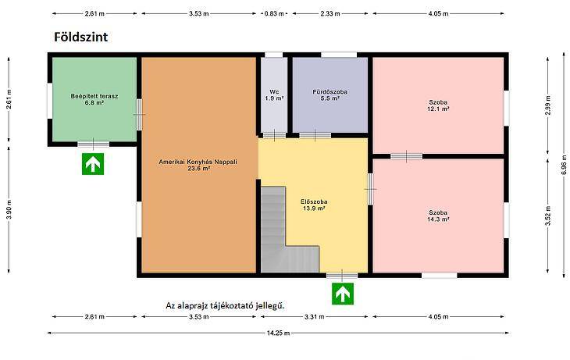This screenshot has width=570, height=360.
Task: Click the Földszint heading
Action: pyautogui.click(x=80, y=37)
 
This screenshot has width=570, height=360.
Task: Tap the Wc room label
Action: pyautogui.click(x=274, y=95)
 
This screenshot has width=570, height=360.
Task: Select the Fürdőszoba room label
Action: pyautogui.click(x=330, y=95)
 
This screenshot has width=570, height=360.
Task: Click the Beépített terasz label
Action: pyautogui.click(x=94, y=99)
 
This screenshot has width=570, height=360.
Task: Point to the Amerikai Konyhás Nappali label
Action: pyautogui.click(x=198, y=165)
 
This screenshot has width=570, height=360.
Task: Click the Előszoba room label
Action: pyautogui.click(x=314, y=205)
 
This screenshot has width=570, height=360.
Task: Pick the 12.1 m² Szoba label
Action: pyautogui.click(x=438, y=105)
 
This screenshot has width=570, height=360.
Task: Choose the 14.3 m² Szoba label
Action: pyautogui.click(x=438, y=216)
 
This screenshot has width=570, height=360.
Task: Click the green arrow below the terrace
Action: pyautogui.click(x=93, y=164)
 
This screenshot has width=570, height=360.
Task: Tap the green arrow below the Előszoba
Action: pyautogui.click(x=343, y=294)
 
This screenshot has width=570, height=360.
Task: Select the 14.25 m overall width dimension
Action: pyautogui.click(x=278, y=333)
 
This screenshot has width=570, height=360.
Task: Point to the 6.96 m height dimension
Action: pyautogui.click(x=564, y=165)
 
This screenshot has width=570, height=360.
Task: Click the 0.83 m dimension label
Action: pyautogui.click(x=274, y=14)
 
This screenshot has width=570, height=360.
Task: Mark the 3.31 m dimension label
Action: pyautogui.click(x=314, y=317)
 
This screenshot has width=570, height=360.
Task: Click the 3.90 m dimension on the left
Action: pyautogui.click(x=9, y=210)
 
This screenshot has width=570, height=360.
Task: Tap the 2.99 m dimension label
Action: pyautogui.click(x=548, y=105)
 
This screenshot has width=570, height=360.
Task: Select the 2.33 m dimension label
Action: pyautogui.click(x=330, y=14)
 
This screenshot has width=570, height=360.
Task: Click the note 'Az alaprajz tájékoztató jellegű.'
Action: pyautogui.click(x=226, y=305)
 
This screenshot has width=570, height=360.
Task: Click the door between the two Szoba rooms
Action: pyautogui.click(x=406, y=156)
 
